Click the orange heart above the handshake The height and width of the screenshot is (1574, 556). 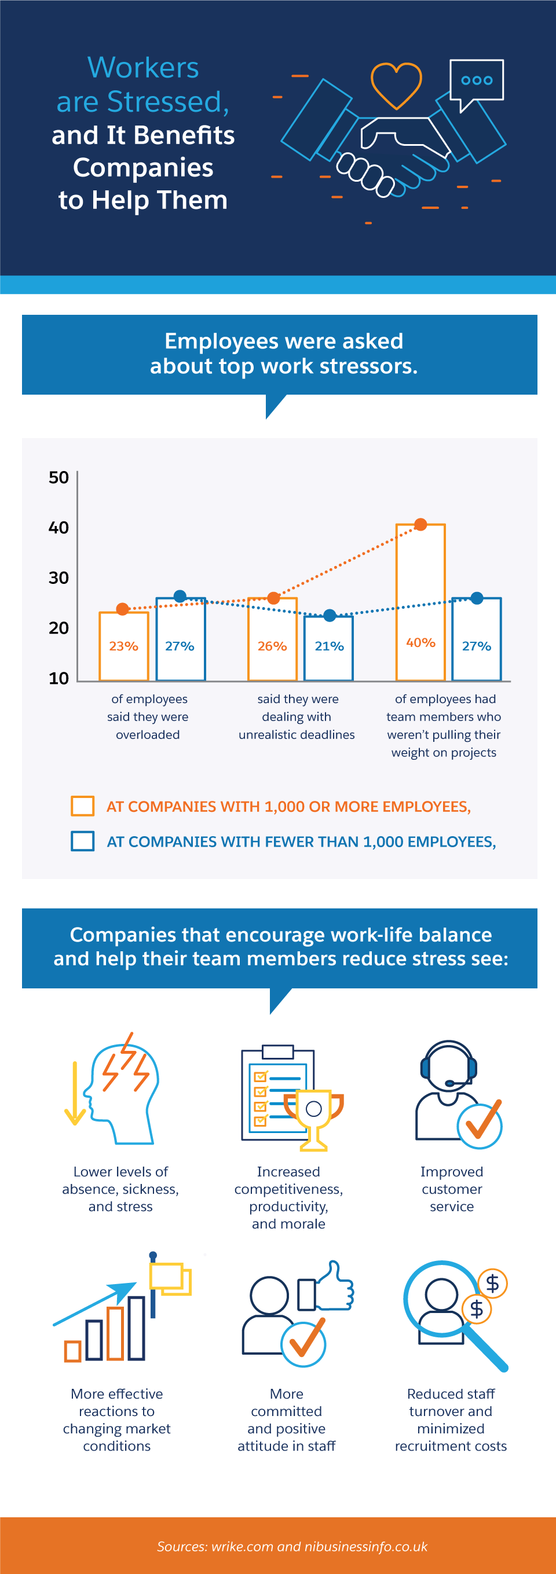click(396, 84)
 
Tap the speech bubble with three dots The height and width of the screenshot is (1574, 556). click(477, 80)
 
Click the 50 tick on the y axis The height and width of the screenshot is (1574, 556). click(58, 477)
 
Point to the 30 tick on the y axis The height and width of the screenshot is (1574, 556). click(58, 578)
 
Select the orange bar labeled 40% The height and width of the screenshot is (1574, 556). click(420, 602)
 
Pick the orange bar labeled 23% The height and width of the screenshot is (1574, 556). click(123, 646)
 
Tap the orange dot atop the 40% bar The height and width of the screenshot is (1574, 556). click(421, 524)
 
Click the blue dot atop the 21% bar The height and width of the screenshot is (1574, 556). click(330, 615)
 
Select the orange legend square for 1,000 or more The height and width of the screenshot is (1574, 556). click(83, 806)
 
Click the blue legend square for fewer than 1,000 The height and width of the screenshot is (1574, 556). click(83, 841)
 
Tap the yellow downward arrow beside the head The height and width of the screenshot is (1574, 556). click(75, 1093)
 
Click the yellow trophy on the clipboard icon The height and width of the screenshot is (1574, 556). click(314, 1117)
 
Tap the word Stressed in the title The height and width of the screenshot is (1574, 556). click(163, 101)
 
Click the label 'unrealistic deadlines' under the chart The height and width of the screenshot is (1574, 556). click(297, 734)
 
